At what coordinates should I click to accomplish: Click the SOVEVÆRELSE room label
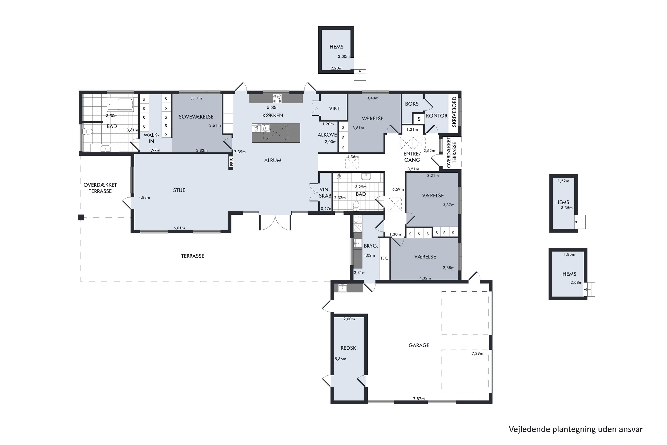coord(196,117)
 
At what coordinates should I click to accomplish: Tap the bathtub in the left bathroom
coord(120,105)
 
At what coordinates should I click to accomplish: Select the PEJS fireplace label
coord(231,162)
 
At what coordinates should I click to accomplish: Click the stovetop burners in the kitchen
coord(277,99)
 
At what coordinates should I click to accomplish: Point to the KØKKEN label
coord(273,115)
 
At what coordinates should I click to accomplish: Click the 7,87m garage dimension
coord(419,398)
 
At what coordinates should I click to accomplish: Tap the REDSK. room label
coord(349,348)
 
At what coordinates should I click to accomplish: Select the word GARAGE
coord(419,345)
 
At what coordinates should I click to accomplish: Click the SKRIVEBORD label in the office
coord(454,112)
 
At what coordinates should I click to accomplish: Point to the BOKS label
coord(412,104)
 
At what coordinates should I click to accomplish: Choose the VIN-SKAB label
coord(325,193)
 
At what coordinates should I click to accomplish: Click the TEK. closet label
coord(384,258)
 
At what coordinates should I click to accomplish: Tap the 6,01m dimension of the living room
coord(179,228)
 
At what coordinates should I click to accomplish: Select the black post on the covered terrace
coord(81,217)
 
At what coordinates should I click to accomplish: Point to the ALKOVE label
coord(327,135)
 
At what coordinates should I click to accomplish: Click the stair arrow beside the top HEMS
coord(360,71)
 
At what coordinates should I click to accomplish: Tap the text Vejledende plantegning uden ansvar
coord(576,429)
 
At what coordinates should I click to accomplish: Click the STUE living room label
coord(179,190)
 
